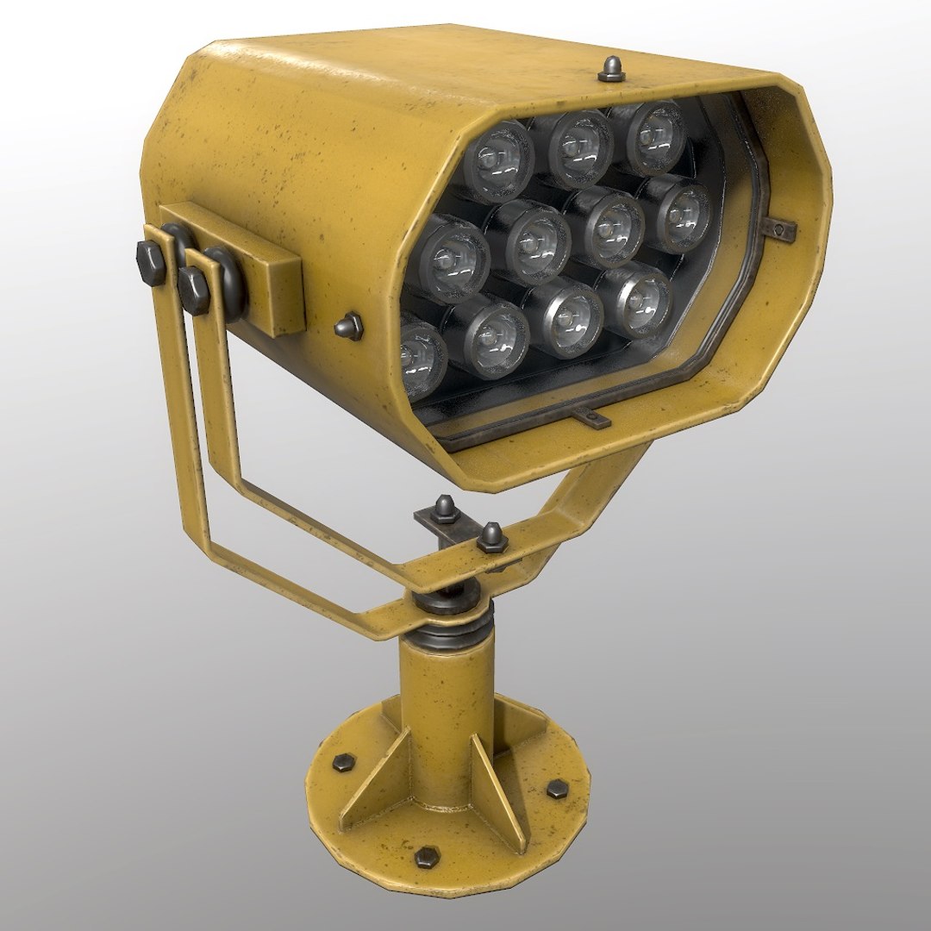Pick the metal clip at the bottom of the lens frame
tap(589, 417)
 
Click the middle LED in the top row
tap(580, 148)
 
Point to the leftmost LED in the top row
tap(498, 159)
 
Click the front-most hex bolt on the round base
tap(426, 859)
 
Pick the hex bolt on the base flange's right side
tap(557, 787)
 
